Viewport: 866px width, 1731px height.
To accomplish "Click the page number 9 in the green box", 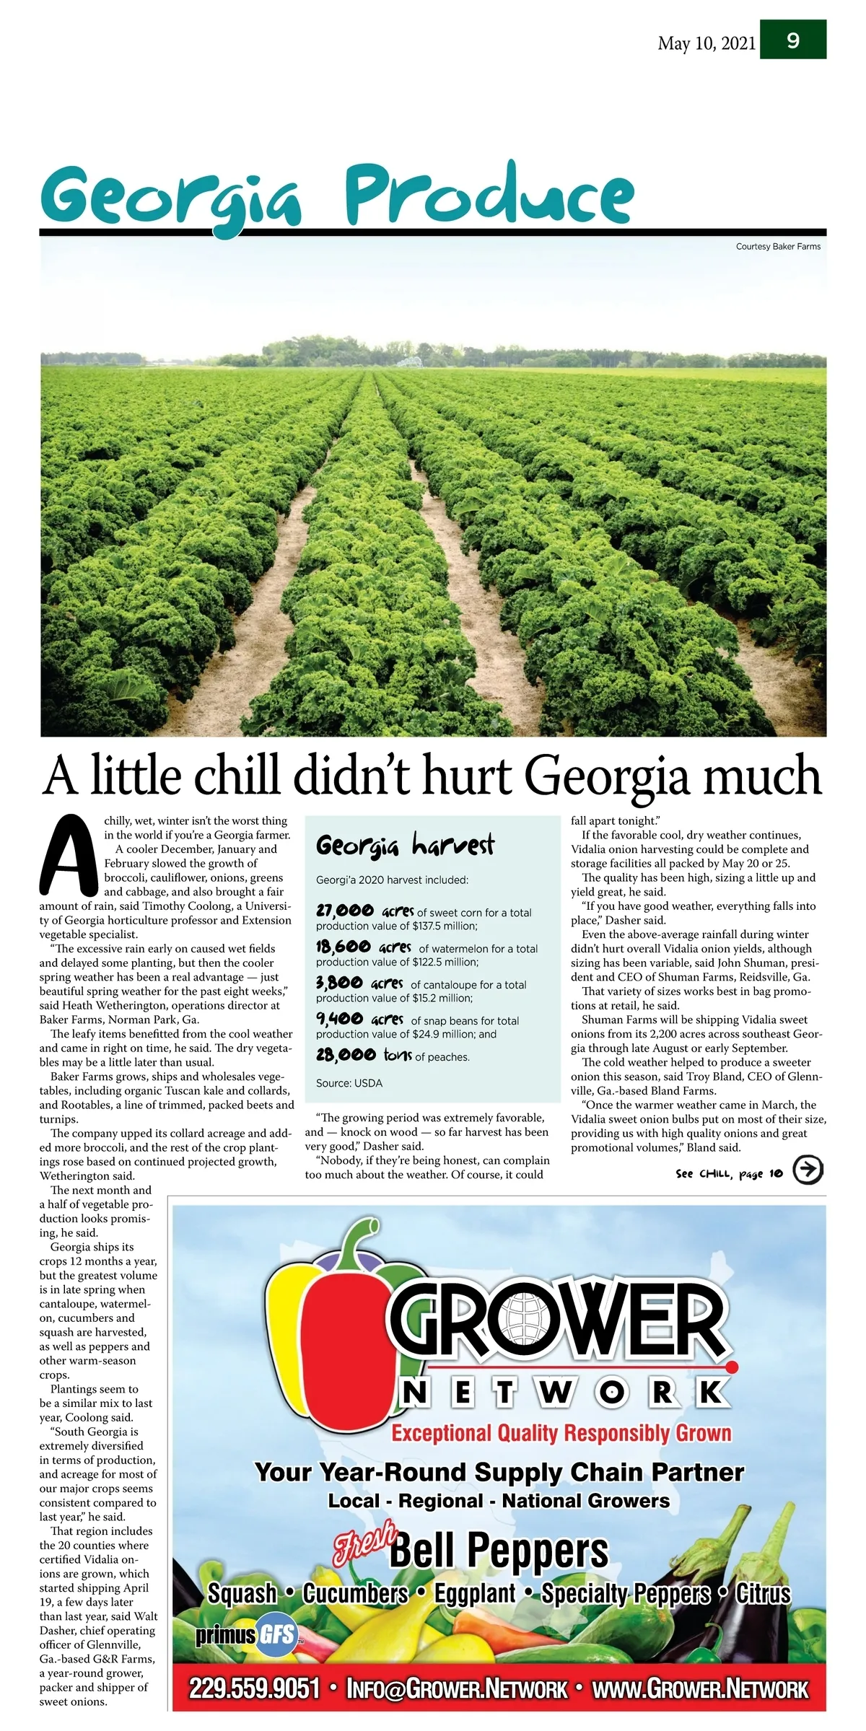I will (x=792, y=40).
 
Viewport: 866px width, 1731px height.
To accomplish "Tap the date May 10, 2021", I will (x=707, y=43).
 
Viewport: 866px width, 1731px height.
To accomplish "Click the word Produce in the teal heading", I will (x=489, y=193).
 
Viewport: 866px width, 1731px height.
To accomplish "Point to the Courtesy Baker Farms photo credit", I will (x=778, y=247).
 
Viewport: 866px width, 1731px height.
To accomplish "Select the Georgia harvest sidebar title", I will (x=405, y=845).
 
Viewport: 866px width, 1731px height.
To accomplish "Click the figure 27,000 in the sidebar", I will (x=345, y=911).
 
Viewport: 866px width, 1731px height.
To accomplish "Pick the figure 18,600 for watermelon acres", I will (x=344, y=947).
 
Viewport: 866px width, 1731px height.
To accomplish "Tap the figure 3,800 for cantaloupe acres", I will (x=339, y=983).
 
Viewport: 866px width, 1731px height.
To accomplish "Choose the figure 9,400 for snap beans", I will (x=339, y=1019).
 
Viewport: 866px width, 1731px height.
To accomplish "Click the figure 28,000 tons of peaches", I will (x=346, y=1055).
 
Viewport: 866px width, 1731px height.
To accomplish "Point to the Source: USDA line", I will (x=349, y=1083).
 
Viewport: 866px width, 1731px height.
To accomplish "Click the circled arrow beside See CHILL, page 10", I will (x=808, y=1170).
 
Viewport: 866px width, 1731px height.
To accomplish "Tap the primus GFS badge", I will (x=247, y=1636).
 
